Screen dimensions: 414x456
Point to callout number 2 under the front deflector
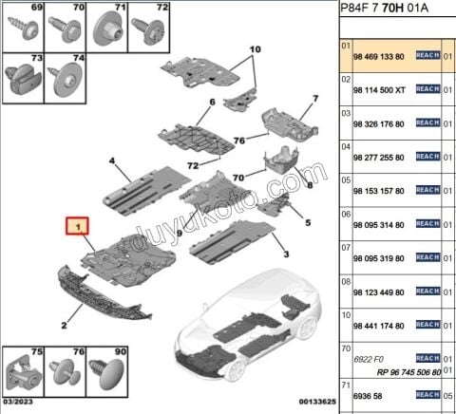tap(65, 325)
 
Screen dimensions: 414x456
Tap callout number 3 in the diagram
tap(284, 254)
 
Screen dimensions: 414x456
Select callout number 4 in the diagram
tap(112, 162)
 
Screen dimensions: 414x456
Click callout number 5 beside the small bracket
tap(307, 223)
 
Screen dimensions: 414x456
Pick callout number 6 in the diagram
tap(212, 102)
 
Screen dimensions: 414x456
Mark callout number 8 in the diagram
tap(308, 188)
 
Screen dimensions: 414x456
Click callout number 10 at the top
tap(254, 48)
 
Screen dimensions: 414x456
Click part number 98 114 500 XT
tap(384, 89)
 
